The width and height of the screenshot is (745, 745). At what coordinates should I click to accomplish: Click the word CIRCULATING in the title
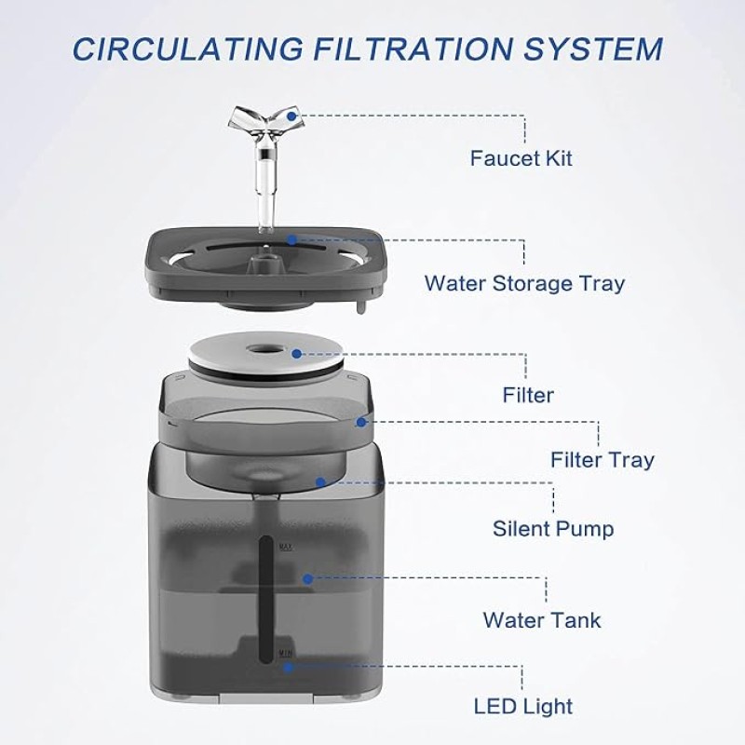tap(188, 49)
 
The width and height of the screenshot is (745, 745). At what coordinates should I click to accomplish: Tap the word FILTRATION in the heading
tap(413, 49)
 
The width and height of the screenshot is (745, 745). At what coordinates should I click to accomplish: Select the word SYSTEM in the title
tap(593, 49)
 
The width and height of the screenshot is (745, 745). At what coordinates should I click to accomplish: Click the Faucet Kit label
tap(521, 158)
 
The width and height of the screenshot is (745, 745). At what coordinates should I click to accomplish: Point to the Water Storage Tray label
tap(524, 284)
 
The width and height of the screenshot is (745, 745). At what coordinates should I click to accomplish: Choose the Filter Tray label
tap(602, 460)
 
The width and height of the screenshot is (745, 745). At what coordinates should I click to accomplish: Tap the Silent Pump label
tap(553, 529)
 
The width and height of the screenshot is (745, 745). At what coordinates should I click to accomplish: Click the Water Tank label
tap(542, 620)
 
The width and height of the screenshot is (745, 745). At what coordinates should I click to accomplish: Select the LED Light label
tap(523, 706)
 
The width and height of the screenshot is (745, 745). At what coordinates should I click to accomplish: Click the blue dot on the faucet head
tap(291, 115)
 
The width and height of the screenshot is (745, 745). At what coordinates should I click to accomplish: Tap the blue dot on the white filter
tap(297, 354)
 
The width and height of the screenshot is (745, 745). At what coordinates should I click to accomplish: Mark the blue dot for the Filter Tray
tap(361, 422)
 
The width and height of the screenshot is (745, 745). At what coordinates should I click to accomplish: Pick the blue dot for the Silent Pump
tap(320, 482)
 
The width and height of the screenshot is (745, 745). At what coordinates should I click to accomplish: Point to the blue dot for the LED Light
tap(288, 668)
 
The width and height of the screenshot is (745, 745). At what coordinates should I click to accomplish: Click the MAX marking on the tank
tap(286, 547)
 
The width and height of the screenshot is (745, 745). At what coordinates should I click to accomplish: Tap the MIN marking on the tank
tap(285, 654)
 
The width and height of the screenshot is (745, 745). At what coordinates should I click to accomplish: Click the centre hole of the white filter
tap(264, 350)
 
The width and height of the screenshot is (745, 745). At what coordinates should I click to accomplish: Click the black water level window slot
tap(266, 600)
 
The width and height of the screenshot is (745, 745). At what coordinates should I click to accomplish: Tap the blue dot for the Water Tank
tap(308, 578)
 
